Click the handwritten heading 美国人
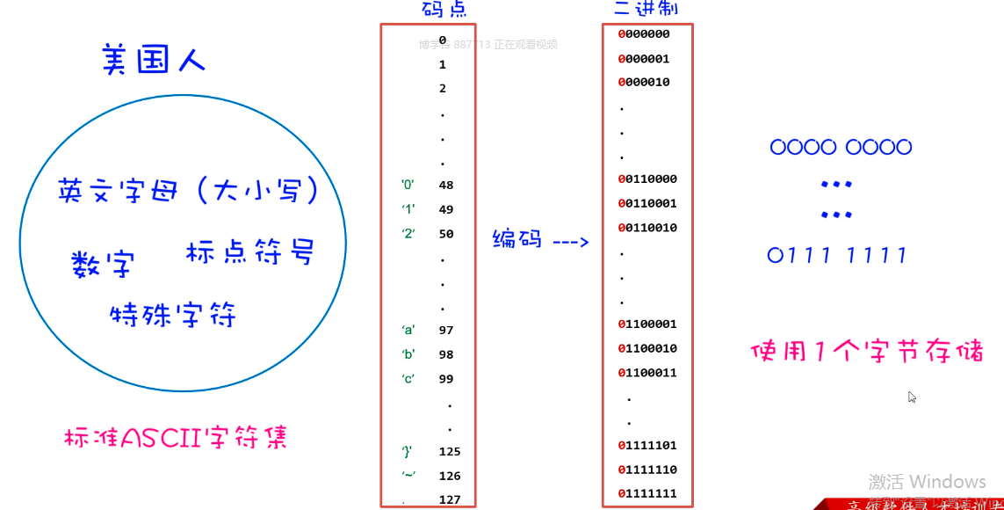click(x=154, y=60)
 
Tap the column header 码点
click(x=444, y=10)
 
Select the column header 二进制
click(x=646, y=10)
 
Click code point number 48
click(x=445, y=186)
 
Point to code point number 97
click(x=445, y=331)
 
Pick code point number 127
click(x=449, y=500)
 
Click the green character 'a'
click(x=408, y=331)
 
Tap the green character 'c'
click(x=408, y=379)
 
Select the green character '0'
click(x=408, y=186)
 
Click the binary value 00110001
click(x=647, y=203)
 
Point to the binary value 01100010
click(x=647, y=348)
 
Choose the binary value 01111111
click(x=647, y=493)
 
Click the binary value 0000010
click(x=644, y=82)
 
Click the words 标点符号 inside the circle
click(x=249, y=253)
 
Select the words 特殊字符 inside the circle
click(x=173, y=314)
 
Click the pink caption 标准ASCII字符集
click(x=176, y=437)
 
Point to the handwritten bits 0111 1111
click(x=837, y=256)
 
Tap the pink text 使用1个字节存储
click(x=867, y=352)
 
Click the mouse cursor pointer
click(x=912, y=397)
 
